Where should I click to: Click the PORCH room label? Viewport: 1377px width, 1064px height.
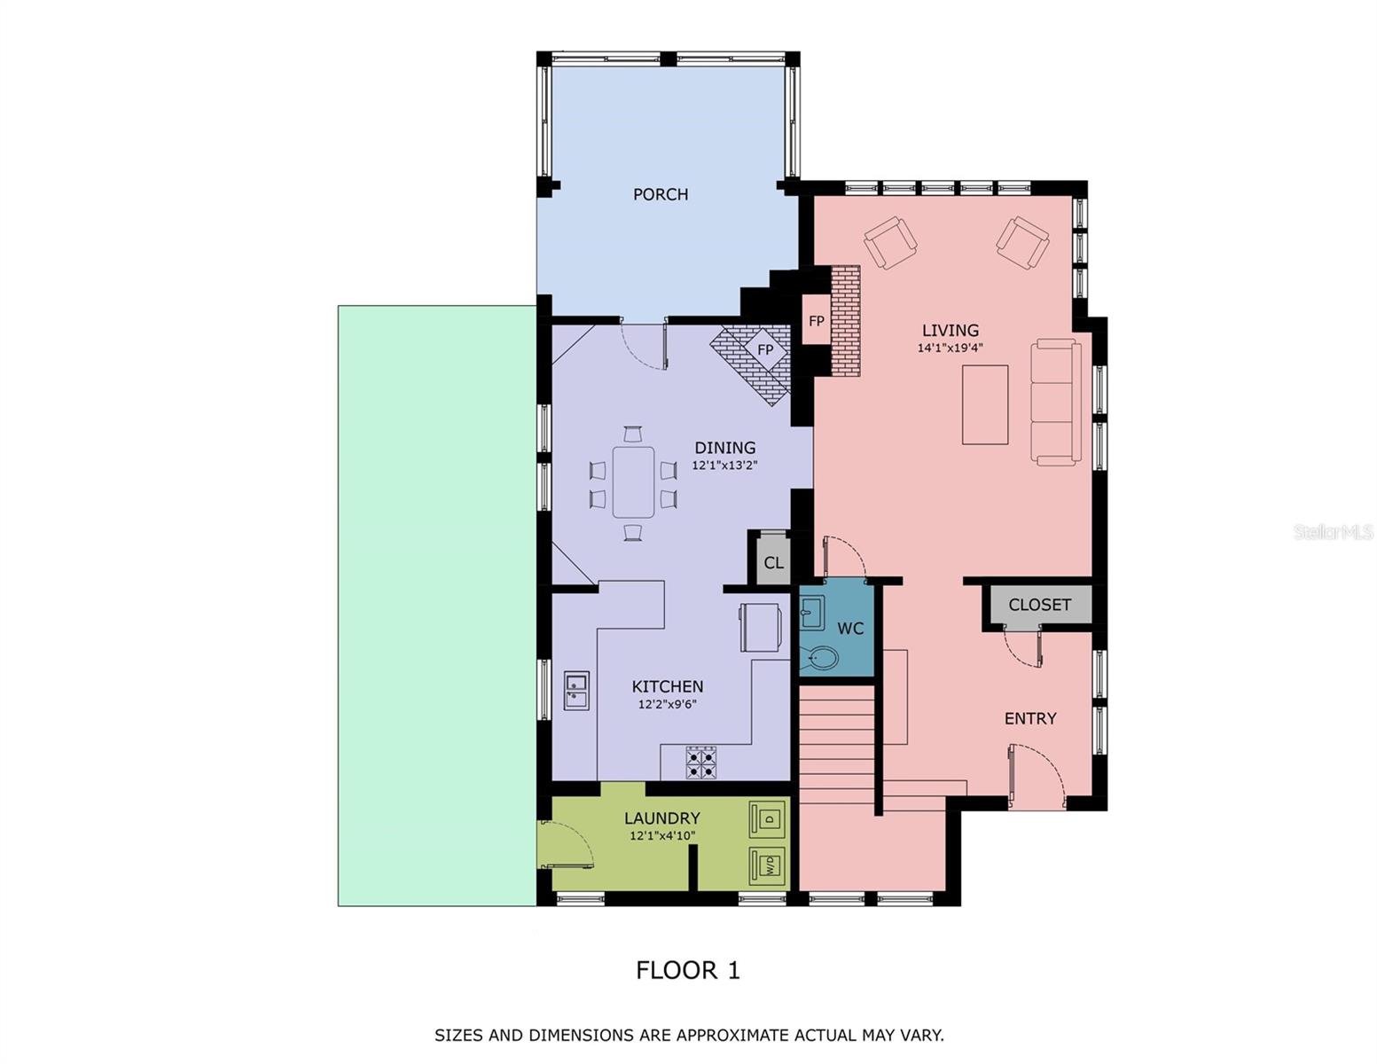(660, 194)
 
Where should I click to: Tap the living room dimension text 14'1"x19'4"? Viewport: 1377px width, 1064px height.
(950, 348)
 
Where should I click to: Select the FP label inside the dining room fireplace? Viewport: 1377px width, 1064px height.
(765, 350)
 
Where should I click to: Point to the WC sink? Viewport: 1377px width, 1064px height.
(811, 611)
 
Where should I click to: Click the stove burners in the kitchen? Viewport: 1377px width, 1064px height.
(701, 763)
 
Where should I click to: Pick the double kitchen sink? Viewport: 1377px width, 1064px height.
(576, 691)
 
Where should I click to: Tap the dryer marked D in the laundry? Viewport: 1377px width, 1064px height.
(767, 818)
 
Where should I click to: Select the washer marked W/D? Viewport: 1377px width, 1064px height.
(767, 864)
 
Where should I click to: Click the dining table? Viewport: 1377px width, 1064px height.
(633, 482)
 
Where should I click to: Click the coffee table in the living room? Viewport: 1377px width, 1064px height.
(985, 404)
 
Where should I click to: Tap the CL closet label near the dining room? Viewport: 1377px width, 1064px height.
(773, 563)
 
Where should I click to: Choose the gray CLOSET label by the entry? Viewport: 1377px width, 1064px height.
(1039, 605)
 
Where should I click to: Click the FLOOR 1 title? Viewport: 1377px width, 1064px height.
(687, 970)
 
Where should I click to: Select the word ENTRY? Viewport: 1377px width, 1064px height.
(1029, 718)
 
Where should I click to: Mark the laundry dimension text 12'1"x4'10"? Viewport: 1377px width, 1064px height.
(661, 836)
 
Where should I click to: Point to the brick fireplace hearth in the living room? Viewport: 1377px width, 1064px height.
(845, 321)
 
